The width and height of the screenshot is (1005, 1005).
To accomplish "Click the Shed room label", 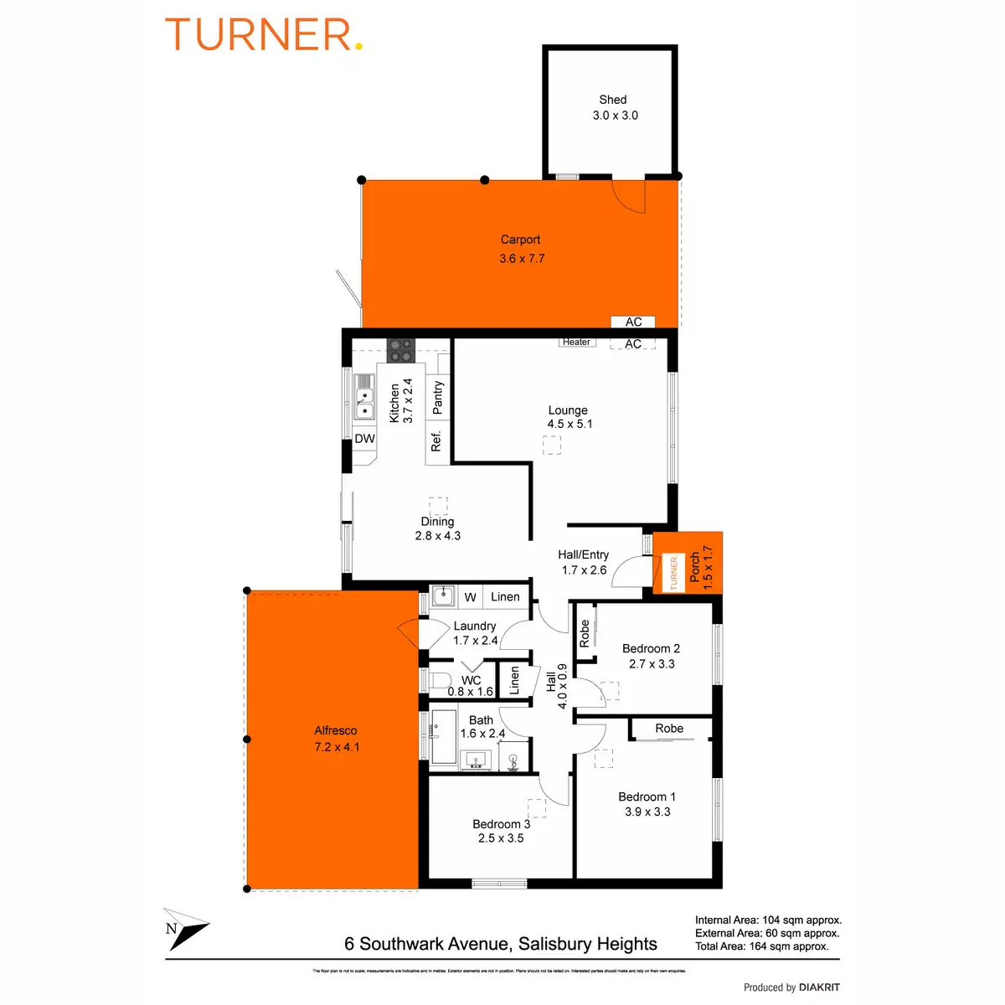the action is click(x=613, y=100).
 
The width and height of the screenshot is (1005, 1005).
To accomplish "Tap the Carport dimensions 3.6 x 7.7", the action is click(x=522, y=259).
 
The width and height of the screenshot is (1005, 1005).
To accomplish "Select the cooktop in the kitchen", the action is click(x=400, y=349).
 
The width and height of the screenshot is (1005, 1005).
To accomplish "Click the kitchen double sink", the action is click(x=364, y=396).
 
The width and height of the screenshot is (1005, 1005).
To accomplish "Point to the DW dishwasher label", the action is click(x=365, y=439).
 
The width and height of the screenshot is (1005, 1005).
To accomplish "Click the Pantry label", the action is click(x=437, y=397).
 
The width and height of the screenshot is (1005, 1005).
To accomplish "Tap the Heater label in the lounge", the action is click(x=576, y=342).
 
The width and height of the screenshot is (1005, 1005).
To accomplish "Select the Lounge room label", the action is click(x=568, y=410).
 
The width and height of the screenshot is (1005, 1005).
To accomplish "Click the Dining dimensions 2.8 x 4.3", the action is click(x=438, y=536).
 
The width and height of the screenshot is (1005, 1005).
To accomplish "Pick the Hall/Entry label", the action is click(x=584, y=554).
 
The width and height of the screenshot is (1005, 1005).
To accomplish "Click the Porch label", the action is click(x=695, y=568).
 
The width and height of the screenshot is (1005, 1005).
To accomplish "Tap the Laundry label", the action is click(x=475, y=626).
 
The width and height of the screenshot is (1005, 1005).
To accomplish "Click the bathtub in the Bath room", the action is click(x=443, y=737).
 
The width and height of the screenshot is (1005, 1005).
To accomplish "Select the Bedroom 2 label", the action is click(x=651, y=648).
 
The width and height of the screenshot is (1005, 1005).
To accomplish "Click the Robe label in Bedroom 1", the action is click(x=669, y=729).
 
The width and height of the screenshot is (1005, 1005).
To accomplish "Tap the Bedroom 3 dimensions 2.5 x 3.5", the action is click(x=501, y=838).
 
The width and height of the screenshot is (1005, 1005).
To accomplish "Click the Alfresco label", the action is click(x=336, y=730).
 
